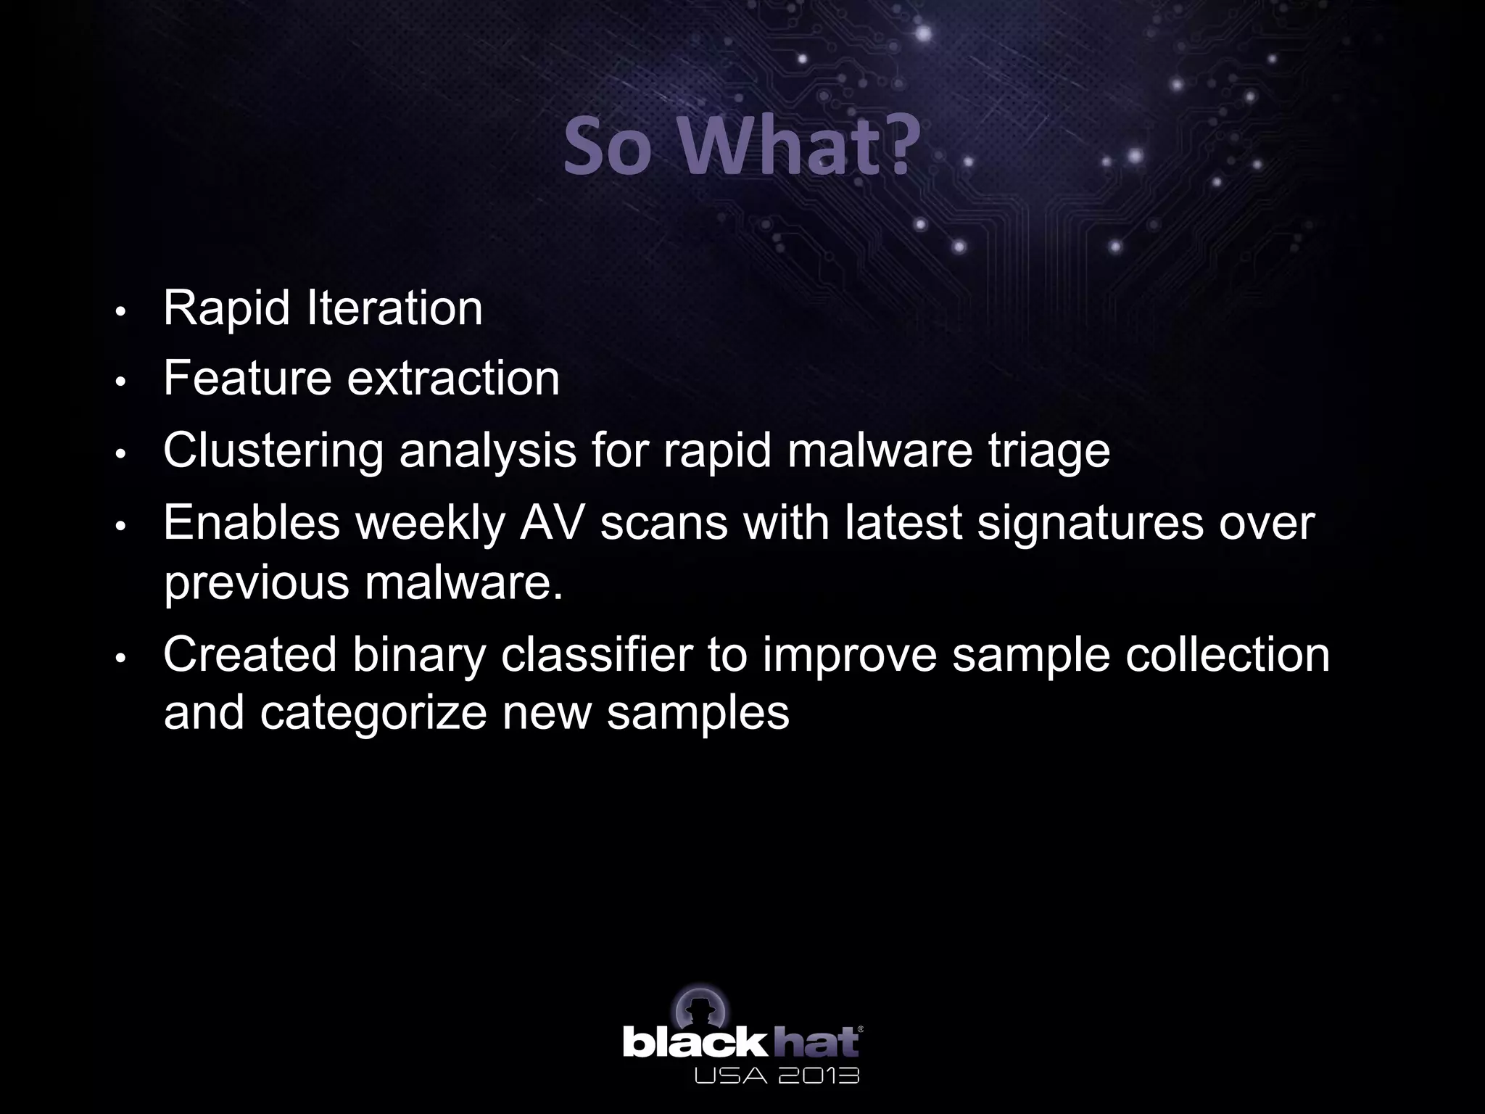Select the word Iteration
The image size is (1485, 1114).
tap(394, 308)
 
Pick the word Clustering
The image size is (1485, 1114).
tap(273, 451)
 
